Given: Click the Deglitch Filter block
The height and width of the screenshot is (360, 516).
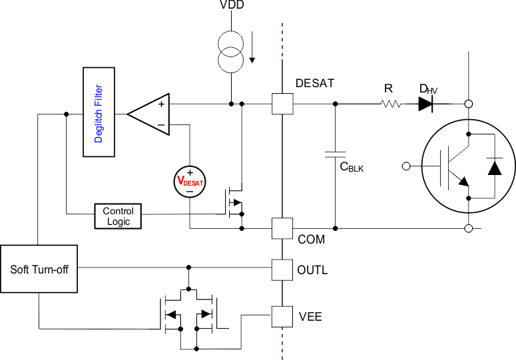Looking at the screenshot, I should tap(99, 112).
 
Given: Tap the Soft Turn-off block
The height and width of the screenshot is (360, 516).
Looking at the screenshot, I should tap(39, 269).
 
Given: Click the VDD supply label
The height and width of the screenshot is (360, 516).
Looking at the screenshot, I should tap(232, 6).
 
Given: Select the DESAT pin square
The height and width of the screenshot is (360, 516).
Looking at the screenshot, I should tap(283, 104).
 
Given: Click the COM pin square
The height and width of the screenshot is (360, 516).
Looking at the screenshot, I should tap(283, 228).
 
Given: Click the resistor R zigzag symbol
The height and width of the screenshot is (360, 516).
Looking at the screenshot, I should tap(391, 104).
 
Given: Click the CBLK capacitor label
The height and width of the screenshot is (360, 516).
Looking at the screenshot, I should tap(352, 167).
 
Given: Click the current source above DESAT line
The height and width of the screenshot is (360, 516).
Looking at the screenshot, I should tap(232, 51).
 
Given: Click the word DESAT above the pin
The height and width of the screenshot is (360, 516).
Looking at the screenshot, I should tap(315, 84).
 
